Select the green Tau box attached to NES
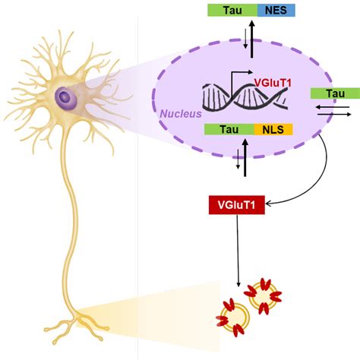tap(234, 10)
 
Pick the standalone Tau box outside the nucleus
tap(334, 93)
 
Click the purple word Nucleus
tap(180, 113)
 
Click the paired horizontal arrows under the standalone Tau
tap(333, 110)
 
